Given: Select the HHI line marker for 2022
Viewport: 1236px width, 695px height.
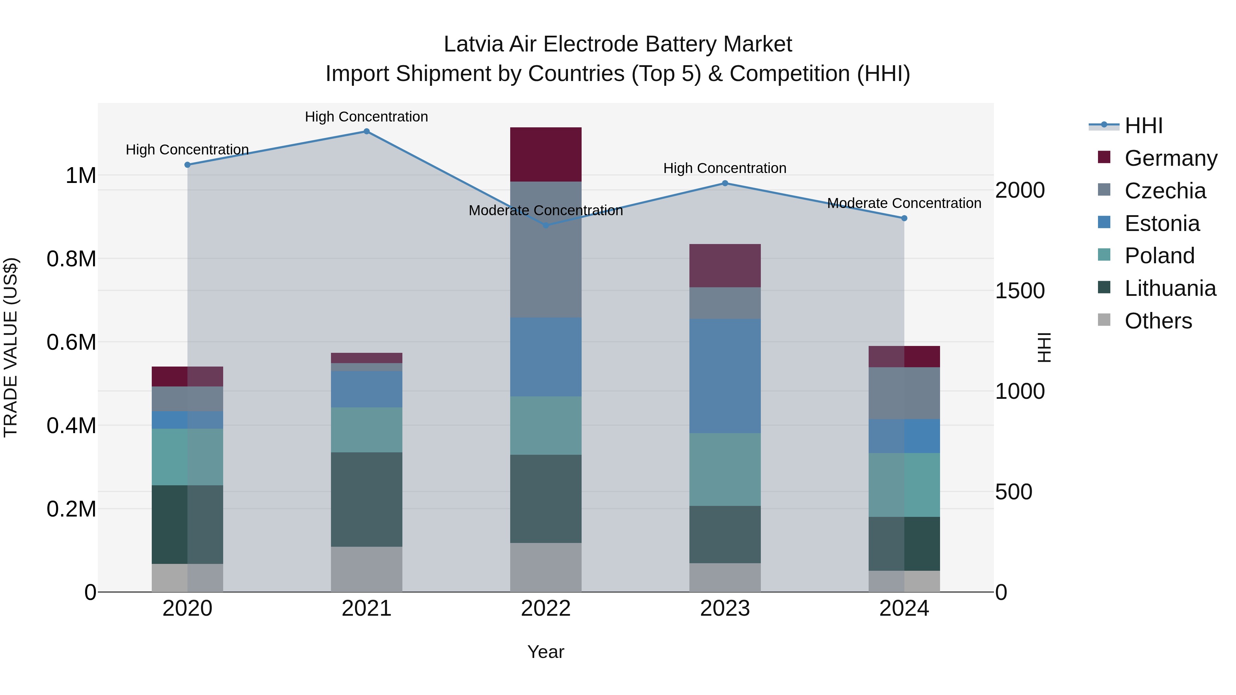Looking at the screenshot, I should (546, 225).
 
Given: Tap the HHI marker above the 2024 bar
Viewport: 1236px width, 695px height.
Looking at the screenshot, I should (904, 218).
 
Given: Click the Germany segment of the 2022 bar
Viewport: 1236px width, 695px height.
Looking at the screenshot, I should (546, 154).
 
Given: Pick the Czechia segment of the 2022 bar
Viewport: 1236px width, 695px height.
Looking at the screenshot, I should (546, 250).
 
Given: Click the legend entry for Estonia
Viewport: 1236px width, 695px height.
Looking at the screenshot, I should (1161, 223).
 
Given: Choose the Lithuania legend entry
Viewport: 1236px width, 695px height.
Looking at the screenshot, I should (1170, 288).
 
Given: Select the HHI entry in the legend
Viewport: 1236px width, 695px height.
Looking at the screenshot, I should (1143, 126).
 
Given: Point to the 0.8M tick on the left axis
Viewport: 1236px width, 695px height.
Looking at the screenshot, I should (71, 259).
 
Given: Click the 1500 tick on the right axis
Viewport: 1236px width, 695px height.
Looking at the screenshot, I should (1020, 291).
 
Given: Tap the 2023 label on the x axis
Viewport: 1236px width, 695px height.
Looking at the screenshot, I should (724, 609).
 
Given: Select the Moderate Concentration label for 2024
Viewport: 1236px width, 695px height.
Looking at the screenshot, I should (904, 204).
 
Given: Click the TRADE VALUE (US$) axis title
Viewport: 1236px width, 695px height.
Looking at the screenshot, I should (11, 347).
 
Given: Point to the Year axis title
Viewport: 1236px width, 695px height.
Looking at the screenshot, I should (546, 652).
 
